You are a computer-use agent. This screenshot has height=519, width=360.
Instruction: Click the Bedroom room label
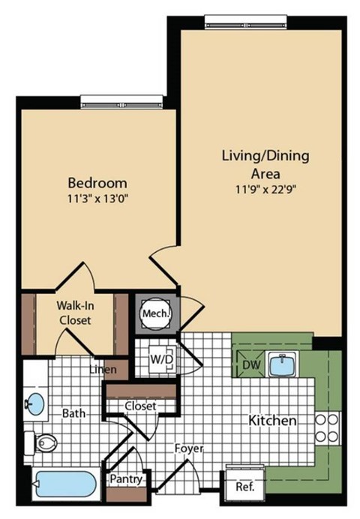pyautogui.click(x=97, y=182)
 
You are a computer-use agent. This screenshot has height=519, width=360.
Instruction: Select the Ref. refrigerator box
pyautogui.click(x=244, y=486)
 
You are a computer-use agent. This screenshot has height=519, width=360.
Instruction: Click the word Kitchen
pyautogui.click(x=272, y=421)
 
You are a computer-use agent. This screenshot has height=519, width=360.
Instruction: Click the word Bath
pyautogui.click(x=73, y=412)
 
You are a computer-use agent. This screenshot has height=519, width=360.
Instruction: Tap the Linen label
pyautogui.click(x=102, y=370)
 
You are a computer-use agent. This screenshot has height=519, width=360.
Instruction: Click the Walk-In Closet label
pyautogui.click(x=74, y=313)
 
